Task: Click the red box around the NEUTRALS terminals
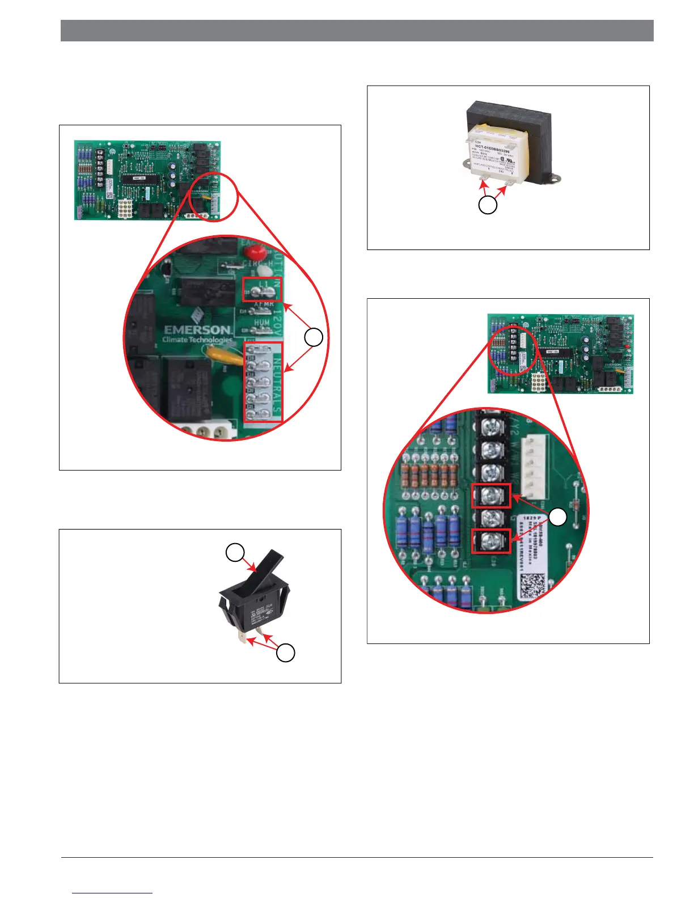pos(263,382)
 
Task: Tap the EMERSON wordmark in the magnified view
pos(197,329)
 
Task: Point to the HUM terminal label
pos(261,323)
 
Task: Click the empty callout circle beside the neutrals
pos(314,337)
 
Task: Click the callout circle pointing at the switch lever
pos(235,552)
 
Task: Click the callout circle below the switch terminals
pos(285,653)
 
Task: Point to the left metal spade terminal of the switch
pos(242,639)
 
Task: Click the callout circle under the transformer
pos(488,205)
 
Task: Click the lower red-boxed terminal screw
pos(491,541)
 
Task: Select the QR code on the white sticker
pos(533,585)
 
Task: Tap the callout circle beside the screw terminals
pos(558,517)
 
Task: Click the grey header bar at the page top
pos(357,31)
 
